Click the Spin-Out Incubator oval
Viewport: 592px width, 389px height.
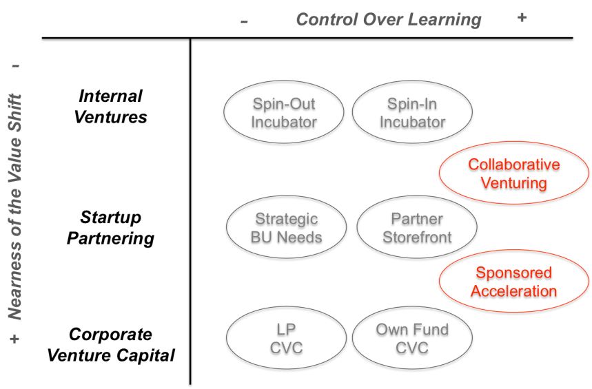[x=284, y=114]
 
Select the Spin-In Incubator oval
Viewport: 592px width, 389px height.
[x=412, y=114]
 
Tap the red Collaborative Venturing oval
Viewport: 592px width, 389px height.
[x=513, y=175]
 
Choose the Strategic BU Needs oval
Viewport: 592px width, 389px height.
[x=287, y=229]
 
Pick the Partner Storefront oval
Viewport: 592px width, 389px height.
[x=417, y=229]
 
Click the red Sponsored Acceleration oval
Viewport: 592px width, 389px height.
[x=513, y=282]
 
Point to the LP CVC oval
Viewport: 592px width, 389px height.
[x=286, y=339]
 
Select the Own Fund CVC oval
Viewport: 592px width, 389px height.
[x=412, y=339]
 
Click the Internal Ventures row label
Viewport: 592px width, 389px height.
[x=110, y=106]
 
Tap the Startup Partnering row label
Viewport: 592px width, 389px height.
[x=110, y=228]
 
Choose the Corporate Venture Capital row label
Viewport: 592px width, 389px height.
[x=110, y=345]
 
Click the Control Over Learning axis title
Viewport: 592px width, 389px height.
[x=388, y=19]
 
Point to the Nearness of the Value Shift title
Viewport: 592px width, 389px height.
[x=15, y=207]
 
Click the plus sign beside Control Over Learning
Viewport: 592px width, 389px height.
[x=522, y=18]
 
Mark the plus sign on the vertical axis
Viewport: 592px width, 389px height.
[x=15, y=339]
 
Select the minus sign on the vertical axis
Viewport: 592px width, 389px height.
[x=15, y=67]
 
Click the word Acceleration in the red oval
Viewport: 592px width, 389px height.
[x=513, y=291]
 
